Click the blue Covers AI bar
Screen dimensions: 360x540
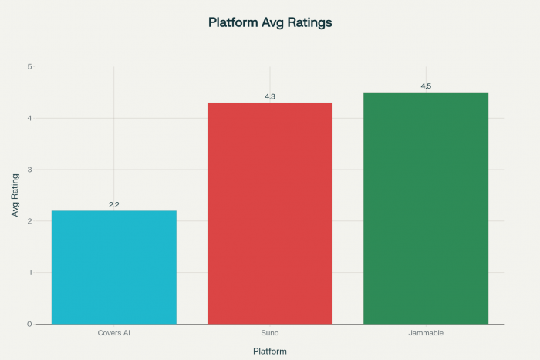tap(114, 267)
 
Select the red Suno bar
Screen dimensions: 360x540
tap(270, 213)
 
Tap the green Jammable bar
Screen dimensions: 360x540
tap(426, 207)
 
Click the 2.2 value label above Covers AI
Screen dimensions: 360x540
tap(114, 204)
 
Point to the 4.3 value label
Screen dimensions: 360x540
tap(270, 96)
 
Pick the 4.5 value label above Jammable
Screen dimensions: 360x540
tap(426, 86)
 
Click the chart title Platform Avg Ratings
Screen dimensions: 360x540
tap(270, 22)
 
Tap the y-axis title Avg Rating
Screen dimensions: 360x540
tap(15, 194)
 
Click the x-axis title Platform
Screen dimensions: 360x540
tap(270, 351)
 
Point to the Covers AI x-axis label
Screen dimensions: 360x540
tap(114, 334)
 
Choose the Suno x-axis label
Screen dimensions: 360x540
tap(270, 334)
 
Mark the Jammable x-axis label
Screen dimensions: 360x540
tap(426, 334)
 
